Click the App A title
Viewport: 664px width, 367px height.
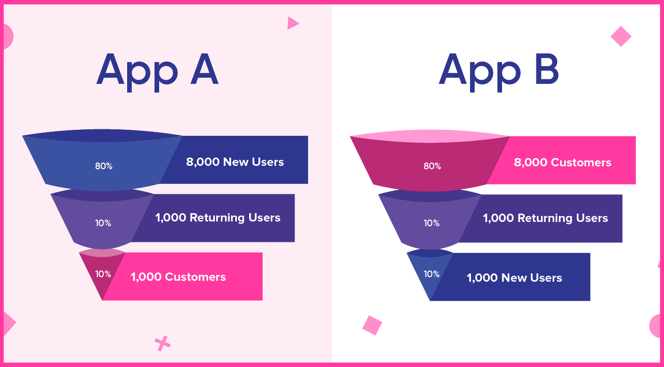click(157, 72)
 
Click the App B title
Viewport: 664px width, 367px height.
click(499, 72)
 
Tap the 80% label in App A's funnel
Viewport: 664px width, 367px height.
click(104, 166)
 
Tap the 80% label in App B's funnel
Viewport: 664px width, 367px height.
click(432, 166)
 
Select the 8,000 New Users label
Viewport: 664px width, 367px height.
click(235, 162)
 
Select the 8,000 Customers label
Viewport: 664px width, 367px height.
click(563, 163)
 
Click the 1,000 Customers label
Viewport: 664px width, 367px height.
click(178, 277)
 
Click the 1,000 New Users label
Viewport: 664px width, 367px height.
click(514, 278)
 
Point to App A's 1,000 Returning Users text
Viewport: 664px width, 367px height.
click(218, 218)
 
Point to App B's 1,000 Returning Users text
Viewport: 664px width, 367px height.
click(545, 218)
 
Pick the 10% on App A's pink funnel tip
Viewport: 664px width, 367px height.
click(103, 274)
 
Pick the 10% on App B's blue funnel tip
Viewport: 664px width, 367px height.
click(432, 274)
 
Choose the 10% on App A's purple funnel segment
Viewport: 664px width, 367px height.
click(103, 223)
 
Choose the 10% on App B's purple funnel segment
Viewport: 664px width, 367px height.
click(432, 223)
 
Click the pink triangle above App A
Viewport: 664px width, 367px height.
click(292, 23)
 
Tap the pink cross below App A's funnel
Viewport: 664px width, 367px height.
click(162, 343)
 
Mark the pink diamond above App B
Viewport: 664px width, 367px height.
click(621, 37)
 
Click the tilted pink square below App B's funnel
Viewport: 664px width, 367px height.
click(372, 325)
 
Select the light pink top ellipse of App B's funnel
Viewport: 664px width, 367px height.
click(430, 136)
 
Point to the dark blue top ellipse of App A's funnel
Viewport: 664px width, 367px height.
click(102, 136)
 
